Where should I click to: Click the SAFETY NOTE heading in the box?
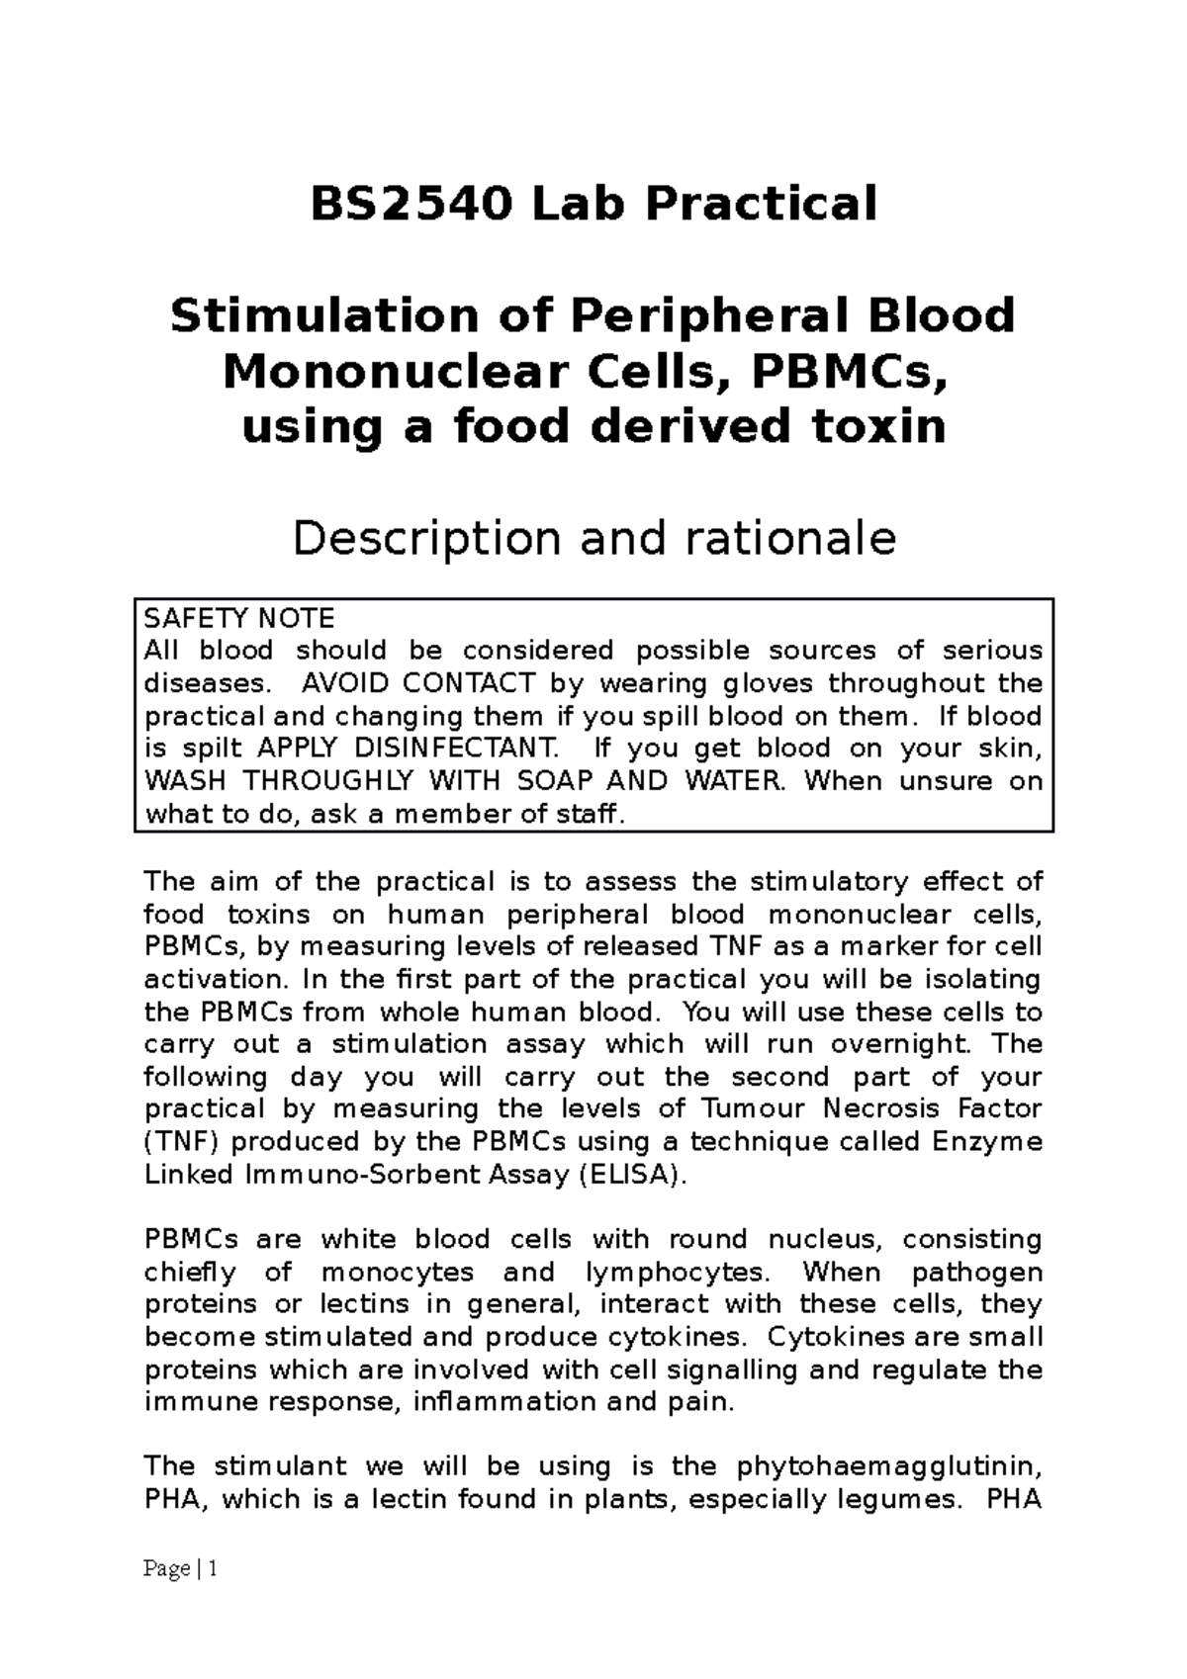pyautogui.click(x=239, y=619)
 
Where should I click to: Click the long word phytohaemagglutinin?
pyautogui.click(x=889, y=1466)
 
